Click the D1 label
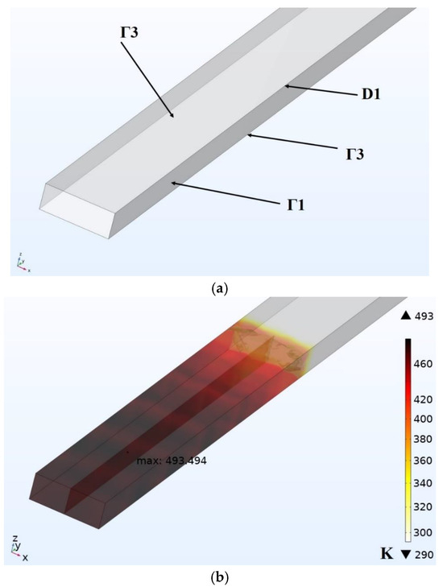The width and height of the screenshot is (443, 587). tap(371, 94)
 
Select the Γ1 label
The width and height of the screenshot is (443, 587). tap(296, 205)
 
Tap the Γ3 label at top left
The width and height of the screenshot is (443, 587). tap(129, 32)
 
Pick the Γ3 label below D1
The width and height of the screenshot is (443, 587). tap(354, 154)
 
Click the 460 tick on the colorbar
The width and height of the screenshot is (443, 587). tap(423, 364)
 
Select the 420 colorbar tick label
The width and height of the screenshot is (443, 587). tap(423, 399)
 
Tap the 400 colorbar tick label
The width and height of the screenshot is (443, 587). tap(423, 419)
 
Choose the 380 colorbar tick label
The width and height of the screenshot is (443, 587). tap(423, 439)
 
